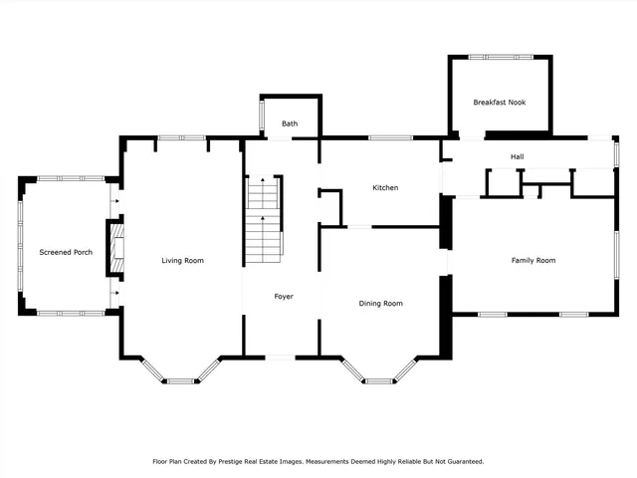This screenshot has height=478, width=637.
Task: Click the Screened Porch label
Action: coord(66,252)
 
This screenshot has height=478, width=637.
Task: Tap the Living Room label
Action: coord(183,261)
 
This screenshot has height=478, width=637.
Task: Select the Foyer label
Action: coord(283,296)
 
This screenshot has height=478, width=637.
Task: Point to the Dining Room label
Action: coord(380,303)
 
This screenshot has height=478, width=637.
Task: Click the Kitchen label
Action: coord(385,188)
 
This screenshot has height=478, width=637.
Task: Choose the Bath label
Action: coord(290,123)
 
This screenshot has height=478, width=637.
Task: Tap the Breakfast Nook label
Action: coord(499,103)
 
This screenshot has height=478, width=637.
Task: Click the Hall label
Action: coord(518,156)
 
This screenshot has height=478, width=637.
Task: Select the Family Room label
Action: coord(533,261)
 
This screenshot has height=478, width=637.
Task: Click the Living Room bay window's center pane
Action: coord(180,379)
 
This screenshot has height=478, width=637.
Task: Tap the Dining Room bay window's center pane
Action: coord(379,379)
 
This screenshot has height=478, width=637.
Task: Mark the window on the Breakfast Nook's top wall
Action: coord(499,56)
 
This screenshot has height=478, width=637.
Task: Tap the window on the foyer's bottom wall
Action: coord(281,357)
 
